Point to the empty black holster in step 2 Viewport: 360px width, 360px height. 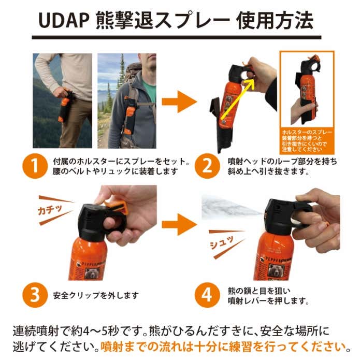tap(217, 124)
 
